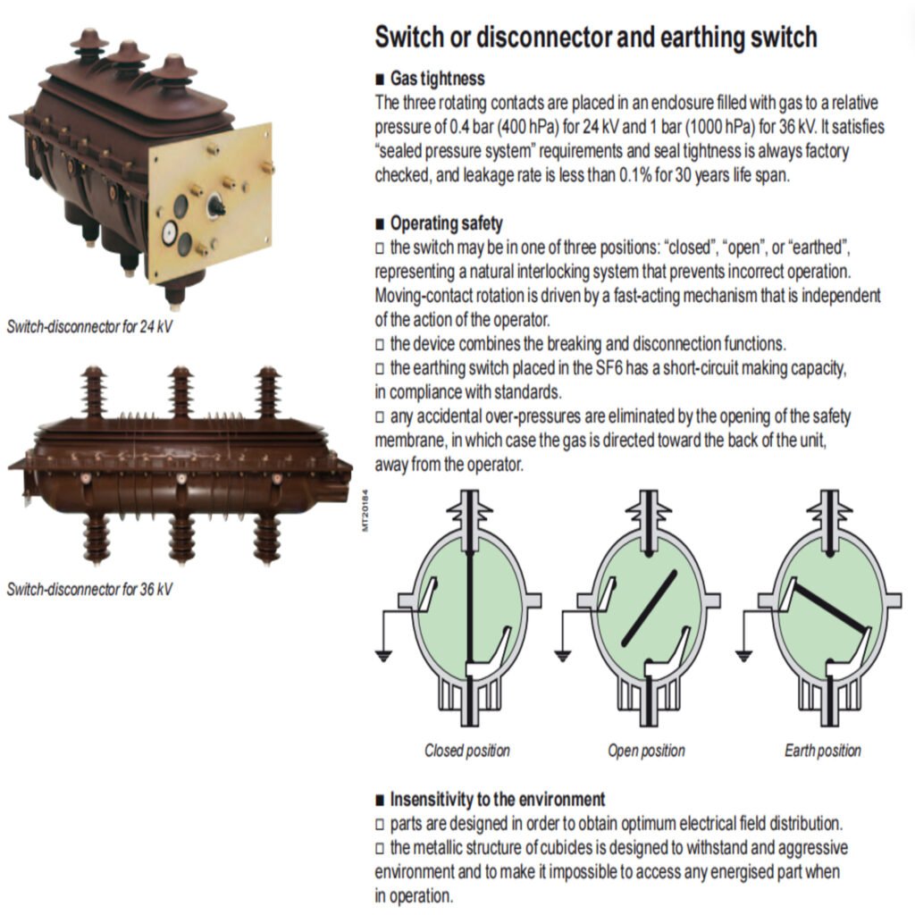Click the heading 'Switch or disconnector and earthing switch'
[596, 38]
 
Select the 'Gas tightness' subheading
[438, 80]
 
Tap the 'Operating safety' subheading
[446, 223]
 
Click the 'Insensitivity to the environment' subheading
[497, 799]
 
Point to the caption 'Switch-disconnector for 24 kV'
[89, 326]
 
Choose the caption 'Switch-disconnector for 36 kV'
[89, 589]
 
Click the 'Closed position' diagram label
[467, 751]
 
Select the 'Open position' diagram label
[646, 751]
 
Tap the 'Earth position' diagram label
[823, 751]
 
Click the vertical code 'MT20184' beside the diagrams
[365, 510]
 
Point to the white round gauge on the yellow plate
[167, 234]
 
